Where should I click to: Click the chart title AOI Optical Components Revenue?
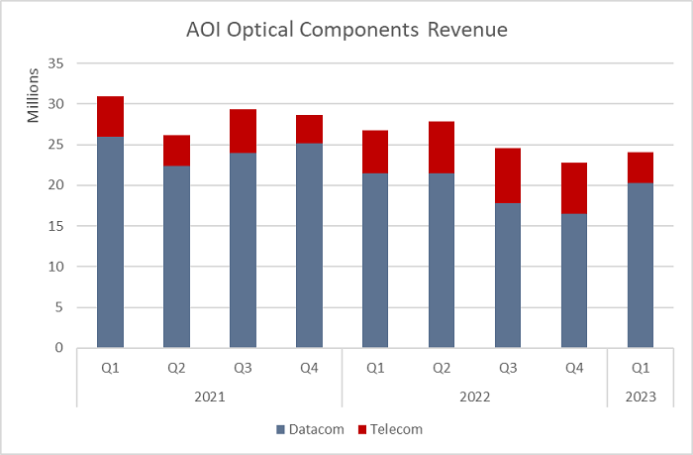346,30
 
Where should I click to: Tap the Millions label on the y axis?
33,95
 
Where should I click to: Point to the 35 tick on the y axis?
55,63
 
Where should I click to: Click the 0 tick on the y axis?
59,348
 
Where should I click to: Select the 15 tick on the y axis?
55,226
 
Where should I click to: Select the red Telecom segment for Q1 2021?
110,116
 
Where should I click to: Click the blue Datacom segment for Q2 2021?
176,257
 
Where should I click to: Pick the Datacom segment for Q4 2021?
309,246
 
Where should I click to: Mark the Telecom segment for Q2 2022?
442,148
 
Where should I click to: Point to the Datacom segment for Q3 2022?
508,276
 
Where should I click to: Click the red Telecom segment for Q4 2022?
574,187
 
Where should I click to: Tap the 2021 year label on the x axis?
210,396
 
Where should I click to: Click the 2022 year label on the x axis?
475,396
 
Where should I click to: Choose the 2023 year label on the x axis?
641,396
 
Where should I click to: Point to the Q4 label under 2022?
574,367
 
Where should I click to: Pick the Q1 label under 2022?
375,367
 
